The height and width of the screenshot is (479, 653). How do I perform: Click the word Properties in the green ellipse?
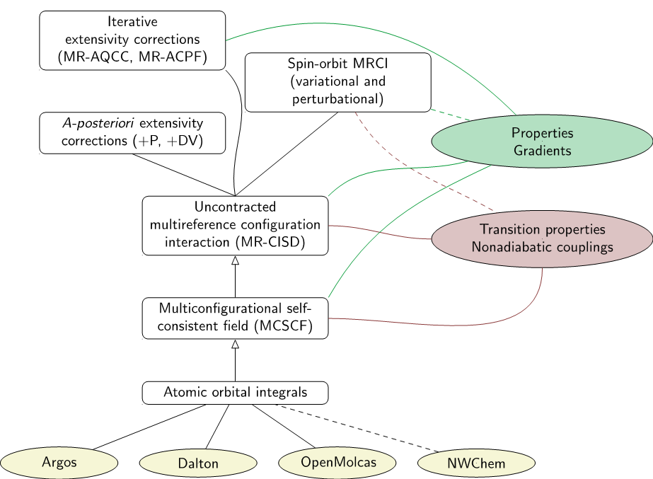coord(542,133)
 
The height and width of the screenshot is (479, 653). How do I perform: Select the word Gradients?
coord(542,151)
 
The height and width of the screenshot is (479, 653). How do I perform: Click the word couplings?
coord(584,248)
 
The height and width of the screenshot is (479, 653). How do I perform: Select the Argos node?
coord(59,463)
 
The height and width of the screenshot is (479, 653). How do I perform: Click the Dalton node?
coord(198,464)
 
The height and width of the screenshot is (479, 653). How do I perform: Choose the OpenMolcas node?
coord(337,463)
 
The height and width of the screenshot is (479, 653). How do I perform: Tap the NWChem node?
coord(476,464)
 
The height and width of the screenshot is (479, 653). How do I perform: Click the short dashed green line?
coord(450,115)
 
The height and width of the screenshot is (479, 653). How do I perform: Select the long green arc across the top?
coord(354,25)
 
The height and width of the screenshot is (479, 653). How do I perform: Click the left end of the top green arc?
coord(226,40)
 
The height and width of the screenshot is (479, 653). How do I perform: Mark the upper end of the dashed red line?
coord(355,112)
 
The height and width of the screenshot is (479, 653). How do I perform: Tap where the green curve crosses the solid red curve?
coord(381,231)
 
